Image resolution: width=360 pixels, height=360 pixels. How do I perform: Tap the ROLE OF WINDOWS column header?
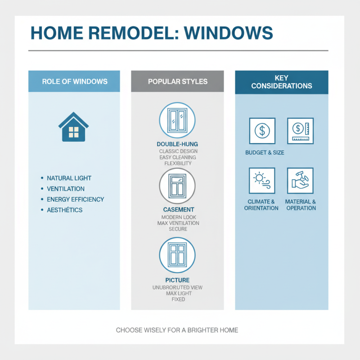[74, 81]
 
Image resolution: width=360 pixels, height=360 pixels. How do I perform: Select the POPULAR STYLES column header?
[177, 81]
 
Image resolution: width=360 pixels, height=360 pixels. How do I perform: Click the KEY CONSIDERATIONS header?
[281, 82]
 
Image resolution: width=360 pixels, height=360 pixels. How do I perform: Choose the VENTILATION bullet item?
[66, 189]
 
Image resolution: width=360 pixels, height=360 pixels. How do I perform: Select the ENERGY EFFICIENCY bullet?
[75, 199]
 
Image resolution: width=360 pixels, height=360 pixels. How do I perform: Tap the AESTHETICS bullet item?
[65, 210]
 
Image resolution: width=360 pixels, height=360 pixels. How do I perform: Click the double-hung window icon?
[177, 120]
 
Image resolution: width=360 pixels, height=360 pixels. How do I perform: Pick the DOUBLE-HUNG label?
[177, 144]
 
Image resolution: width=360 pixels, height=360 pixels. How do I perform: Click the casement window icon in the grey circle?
[177, 186]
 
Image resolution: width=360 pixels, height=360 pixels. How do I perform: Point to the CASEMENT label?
[178, 210]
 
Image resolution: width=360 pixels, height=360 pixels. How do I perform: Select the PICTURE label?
[178, 280]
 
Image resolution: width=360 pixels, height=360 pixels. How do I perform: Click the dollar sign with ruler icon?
[300, 131]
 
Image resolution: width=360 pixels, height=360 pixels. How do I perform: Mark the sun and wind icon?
[261, 180]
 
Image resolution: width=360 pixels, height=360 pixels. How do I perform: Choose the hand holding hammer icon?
[300, 180]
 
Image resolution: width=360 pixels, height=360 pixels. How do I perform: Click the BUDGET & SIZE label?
[265, 153]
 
